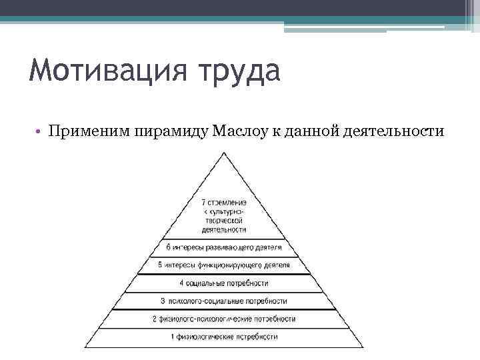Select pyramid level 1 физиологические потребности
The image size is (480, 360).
tap(224, 337)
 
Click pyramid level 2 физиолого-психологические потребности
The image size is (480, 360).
tap(224, 319)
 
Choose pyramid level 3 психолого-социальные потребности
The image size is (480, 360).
tap(224, 301)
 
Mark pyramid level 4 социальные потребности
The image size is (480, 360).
tap(224, 283)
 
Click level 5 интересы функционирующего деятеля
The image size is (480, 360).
tap(224, 265)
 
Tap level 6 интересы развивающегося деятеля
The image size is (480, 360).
tap(224, 247)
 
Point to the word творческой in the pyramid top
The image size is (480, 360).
tap(224, 219)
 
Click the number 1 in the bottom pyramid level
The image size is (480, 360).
tap(173, 337)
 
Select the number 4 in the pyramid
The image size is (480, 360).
tap(181, 283)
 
